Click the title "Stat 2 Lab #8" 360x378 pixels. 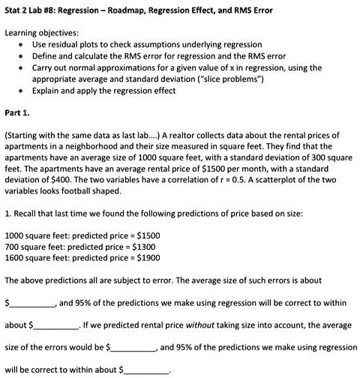[x=34, y=10]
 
